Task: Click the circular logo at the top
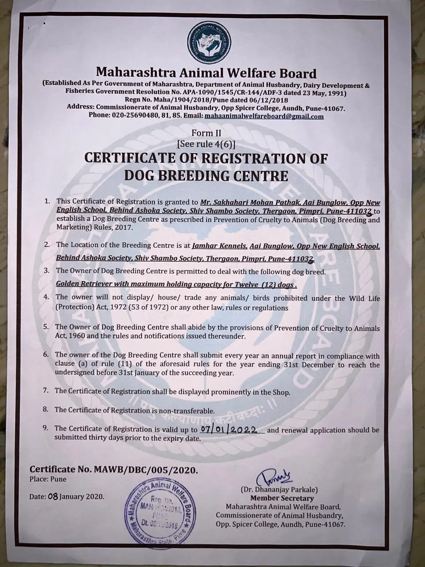coord(207,43)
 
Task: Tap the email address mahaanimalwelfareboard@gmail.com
coord(263,117)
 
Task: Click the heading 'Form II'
coord(206,133)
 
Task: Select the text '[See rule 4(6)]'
coord(206,144)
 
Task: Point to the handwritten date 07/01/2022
coord(231,429)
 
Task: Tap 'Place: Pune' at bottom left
coord(48,479)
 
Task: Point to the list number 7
coord(46,391)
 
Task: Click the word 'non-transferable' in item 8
coord(188,410)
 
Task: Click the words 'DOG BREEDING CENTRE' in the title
coord(206,175)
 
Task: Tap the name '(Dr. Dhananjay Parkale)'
coord(279,490)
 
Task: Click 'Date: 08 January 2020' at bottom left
coord(67,497)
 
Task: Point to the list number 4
coord(46,297)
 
